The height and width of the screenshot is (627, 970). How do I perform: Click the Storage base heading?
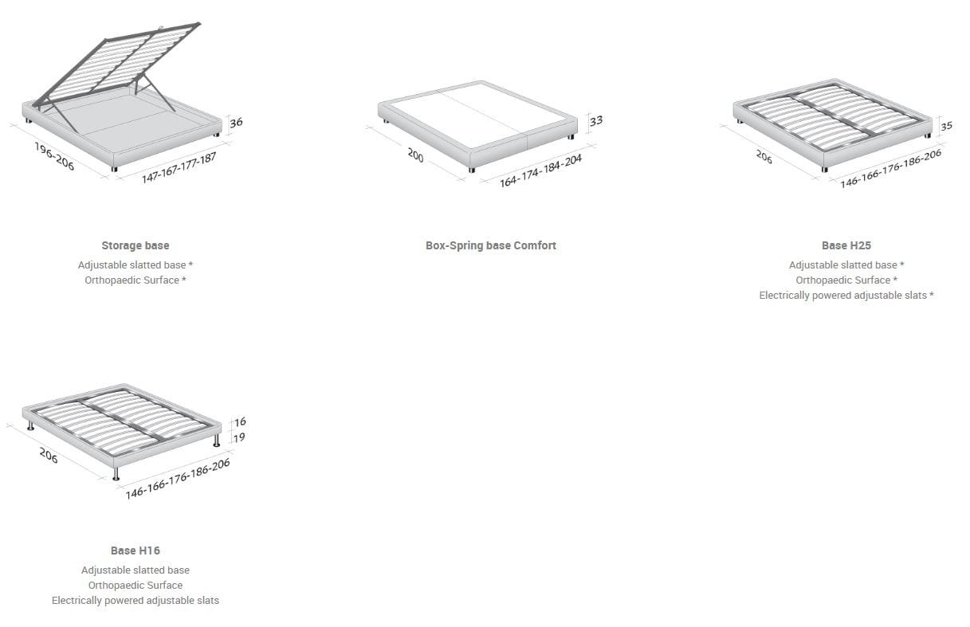[135, 245]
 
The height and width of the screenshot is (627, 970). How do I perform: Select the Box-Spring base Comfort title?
[491, 245]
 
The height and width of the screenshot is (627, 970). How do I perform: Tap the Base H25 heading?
[846, 245]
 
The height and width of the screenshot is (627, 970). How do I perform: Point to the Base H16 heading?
[135, 551]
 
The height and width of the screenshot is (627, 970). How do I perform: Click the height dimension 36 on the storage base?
[236, 123]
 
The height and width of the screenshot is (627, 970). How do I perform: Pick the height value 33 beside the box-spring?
[596, 121]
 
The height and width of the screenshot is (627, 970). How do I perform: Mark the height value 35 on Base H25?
[946, 126]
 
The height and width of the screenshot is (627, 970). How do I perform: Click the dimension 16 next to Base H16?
[240, 421]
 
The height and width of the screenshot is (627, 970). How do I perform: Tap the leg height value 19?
[239, 438]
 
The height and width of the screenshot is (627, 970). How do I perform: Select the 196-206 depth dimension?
[54, 156]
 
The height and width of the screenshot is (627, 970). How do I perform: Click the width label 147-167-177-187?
[179, 167]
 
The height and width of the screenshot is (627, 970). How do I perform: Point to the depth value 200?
[415, 155]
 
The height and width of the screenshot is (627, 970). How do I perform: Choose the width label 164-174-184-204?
[541, 171]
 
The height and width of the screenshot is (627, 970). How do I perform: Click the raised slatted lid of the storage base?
[116, 65]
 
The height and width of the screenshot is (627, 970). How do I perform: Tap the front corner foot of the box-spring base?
[472, 170]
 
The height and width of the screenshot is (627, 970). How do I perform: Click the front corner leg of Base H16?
[116, 474]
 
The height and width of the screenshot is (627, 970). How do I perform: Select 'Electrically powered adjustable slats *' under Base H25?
[846, 295]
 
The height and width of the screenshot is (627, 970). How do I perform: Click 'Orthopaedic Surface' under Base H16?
[135, 585]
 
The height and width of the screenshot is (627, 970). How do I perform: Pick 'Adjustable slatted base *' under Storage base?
[135, 265]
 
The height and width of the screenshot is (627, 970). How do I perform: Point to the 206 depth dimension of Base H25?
[764, 157]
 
